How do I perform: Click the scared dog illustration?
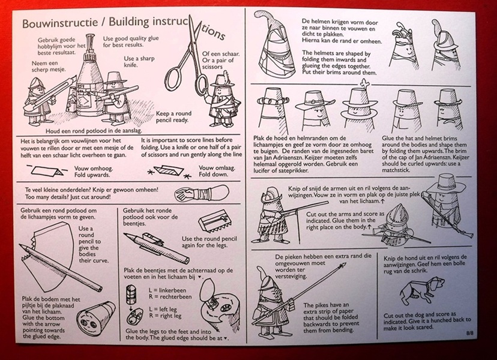coord(418,292)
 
